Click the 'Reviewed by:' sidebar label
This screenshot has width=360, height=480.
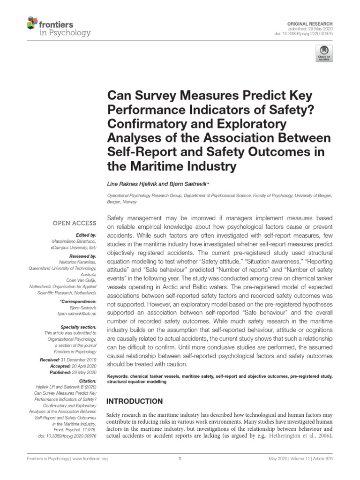pyautogui.click(x=83, y=256)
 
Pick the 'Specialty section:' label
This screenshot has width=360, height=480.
pyautogui.click(x=79, y=326)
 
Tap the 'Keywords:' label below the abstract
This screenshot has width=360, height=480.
pyautogui.click(x=119, y=376)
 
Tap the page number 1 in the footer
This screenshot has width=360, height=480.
pyautogui.click(x=180, y=459)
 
